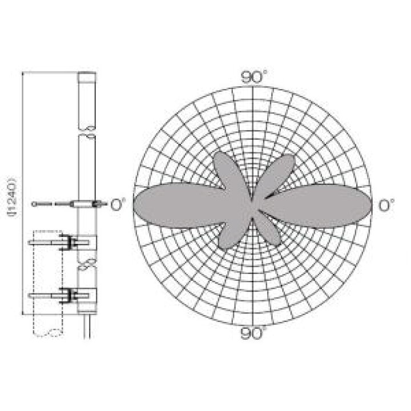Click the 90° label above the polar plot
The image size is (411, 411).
click(253, 77)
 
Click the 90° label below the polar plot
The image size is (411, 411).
click(253, 333)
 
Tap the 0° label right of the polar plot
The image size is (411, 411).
click(386, 205)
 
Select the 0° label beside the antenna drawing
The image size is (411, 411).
click(118, 204)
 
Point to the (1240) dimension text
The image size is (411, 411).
click(13, 197)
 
